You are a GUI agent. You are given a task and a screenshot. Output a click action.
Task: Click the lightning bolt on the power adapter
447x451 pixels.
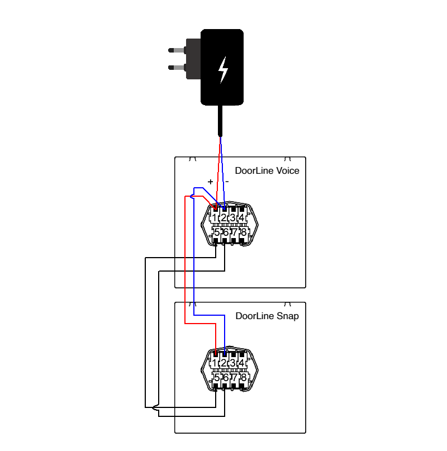click(x=223, y=69)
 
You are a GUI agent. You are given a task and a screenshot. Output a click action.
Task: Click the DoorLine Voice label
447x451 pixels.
click(x=267, y=170)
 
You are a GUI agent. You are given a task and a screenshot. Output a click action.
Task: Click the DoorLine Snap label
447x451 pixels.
click(x=267, y=316)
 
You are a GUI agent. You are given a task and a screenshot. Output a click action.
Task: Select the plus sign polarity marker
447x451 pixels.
click(x=210, y=182)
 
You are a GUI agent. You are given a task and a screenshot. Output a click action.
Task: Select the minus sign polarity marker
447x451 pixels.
click(x=227, y=182)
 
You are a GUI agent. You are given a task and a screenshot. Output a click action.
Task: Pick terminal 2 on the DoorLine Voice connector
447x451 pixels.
click(x=223, y=217)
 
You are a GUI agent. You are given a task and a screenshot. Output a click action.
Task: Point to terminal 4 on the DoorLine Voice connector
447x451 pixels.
click(x=242, y=217)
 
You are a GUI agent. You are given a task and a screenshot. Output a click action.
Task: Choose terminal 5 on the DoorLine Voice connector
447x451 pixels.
click(x=216, y=232)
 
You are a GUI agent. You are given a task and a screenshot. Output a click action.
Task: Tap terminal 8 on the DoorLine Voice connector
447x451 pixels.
click(x=243, y=232)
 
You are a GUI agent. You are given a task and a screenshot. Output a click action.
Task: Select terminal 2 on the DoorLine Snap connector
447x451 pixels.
click(x=223, y=363)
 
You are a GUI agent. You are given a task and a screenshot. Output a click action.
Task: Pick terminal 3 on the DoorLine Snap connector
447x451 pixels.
click(x=233, y=363)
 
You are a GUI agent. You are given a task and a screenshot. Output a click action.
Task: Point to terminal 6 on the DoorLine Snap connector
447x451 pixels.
click(x=225, y=377)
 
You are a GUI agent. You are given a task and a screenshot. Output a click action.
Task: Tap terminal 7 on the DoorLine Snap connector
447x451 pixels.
click(x=234, y=377)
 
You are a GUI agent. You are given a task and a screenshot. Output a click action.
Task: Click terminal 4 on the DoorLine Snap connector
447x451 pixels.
click(x=242, y=363)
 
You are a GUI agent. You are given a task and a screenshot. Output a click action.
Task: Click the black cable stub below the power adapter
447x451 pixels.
click(x=221, y=120)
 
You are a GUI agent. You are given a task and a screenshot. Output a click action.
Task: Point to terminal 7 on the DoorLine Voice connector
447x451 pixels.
click(x=234, y=232)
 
